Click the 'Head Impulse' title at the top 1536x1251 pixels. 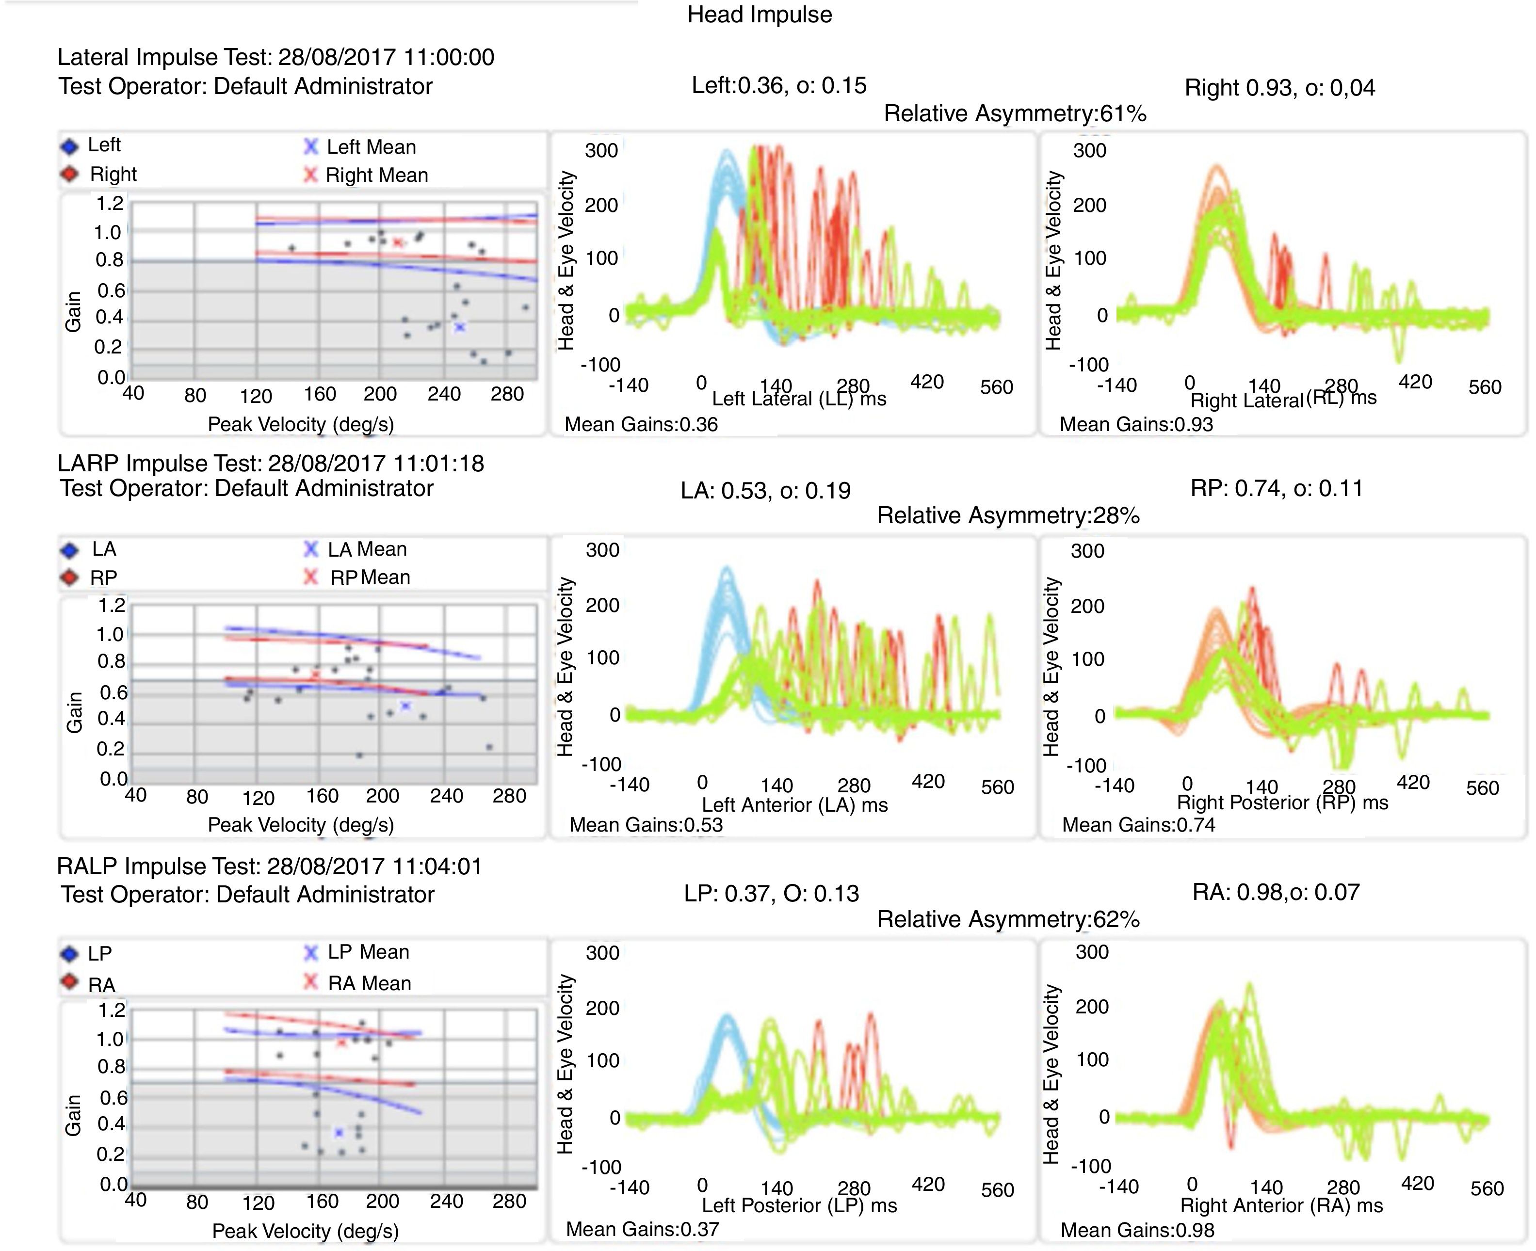(x=759, y=15)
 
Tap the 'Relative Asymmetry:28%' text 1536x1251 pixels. (x=1008, y=516)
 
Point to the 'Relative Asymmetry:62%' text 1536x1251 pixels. (x=1008, y=919)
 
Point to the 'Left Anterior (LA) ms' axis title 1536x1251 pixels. (x=794, y=805)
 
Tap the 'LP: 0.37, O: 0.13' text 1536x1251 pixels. (x=771, y=894)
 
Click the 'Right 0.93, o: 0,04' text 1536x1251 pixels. (x=1279, y=88)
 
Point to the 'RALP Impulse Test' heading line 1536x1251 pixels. (x=269, y=866)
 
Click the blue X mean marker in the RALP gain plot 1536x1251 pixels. (x=339, y=1133)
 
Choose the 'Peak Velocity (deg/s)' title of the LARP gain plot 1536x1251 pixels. (x=301, y=825)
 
